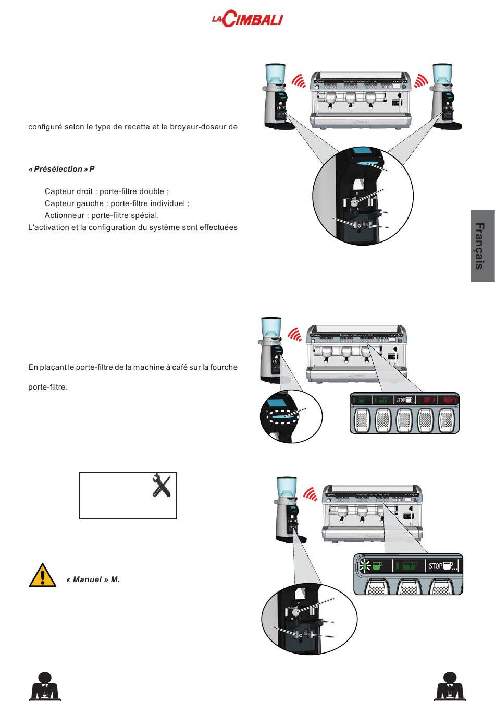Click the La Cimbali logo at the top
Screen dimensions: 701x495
pos(247,20)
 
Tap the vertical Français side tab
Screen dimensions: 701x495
pos(482,246)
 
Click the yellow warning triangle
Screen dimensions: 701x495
pos(42,576)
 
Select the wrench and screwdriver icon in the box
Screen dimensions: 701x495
pos(162,486)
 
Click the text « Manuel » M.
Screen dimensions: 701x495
pos(93,579)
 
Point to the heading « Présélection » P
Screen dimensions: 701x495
pos(61,169)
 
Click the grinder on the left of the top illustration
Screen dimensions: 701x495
pos(276,96)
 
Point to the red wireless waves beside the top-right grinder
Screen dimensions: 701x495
pos(420,80)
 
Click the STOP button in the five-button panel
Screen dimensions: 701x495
pos(404,400)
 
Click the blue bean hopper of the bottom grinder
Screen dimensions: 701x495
pos(286,488)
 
